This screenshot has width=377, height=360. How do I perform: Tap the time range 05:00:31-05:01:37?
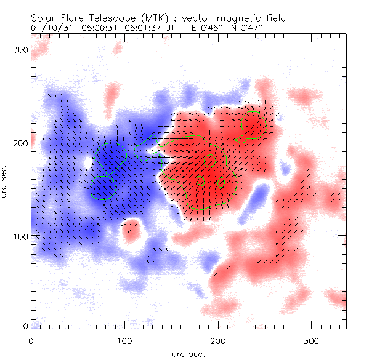pos(118,28)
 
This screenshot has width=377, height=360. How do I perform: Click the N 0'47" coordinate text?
pos(237,28)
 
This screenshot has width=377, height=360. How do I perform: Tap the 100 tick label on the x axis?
pos(124,340)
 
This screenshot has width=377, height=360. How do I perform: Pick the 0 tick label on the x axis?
pos(31,340)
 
